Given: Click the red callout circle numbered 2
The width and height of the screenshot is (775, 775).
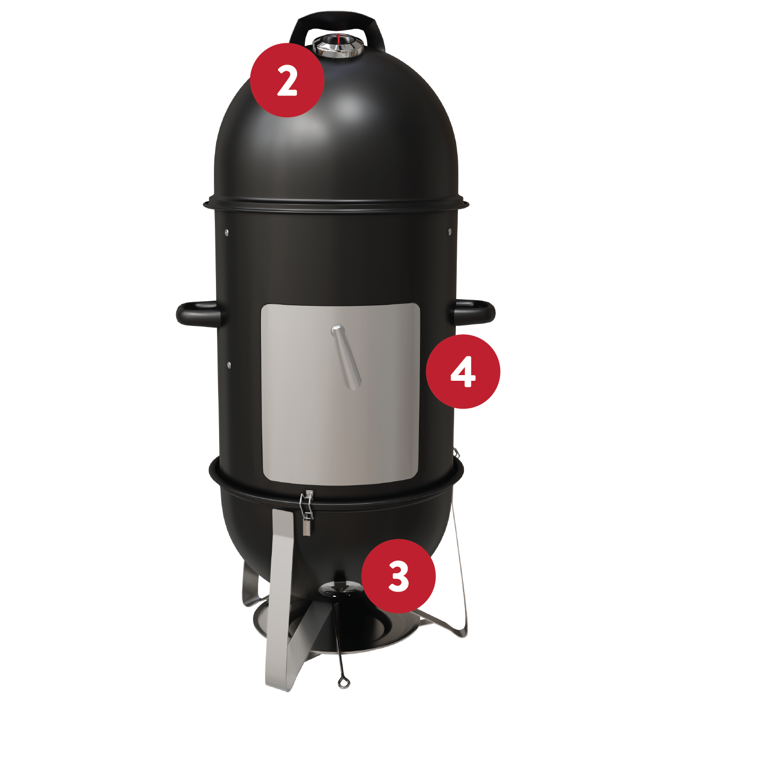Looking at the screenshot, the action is [x=287, y=80].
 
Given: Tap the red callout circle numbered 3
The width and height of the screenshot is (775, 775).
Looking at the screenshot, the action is [x=398, y=576].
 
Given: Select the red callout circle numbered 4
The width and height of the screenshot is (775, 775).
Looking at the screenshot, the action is [x=463, y=371].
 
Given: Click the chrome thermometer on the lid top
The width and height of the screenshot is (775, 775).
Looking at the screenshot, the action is [x=338, y=45].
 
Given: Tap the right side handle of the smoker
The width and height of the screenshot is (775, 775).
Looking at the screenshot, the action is [x=474, y=312].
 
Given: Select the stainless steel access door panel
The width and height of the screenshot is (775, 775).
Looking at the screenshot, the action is [x=340, y=394].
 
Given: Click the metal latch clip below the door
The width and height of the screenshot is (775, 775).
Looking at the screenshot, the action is [x=307, y=512].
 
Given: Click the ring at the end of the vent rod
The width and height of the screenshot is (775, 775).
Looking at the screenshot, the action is [x=344, y=683].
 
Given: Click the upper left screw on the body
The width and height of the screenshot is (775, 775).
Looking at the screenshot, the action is [x=226, y=232].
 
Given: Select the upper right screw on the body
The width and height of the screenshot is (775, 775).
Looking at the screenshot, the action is [x=450, y=231].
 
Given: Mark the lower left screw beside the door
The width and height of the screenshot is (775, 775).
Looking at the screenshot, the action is [x=229, y=365].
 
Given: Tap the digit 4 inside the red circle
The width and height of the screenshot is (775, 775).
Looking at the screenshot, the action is [x=463, y=371].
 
